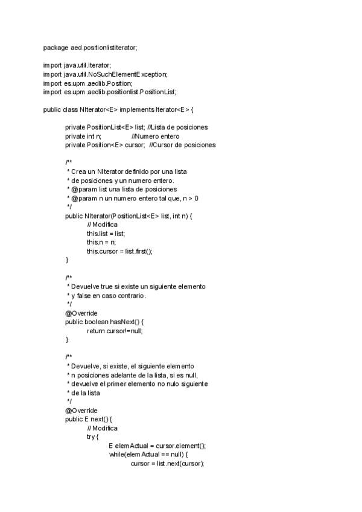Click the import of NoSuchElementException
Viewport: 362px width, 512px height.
point(106,74)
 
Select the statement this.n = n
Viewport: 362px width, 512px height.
point(101,242)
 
